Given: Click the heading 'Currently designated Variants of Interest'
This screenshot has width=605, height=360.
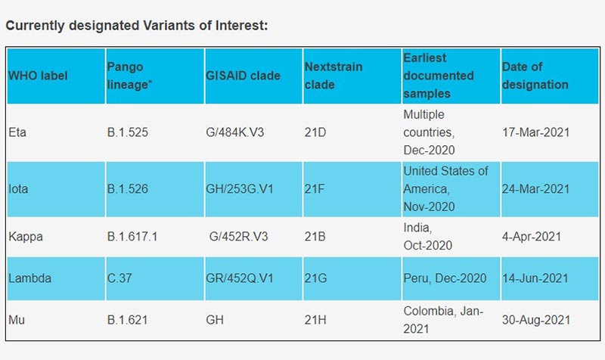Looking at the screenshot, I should coord(136,26).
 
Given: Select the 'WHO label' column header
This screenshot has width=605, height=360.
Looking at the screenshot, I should coord(38,76).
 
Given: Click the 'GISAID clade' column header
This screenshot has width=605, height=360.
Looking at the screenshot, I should coord(243,76).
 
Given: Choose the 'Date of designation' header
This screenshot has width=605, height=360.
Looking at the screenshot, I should coord(534,76).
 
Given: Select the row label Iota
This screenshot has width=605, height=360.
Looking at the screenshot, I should coord(19,188).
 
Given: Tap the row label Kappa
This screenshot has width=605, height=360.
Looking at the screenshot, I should coord(26,236).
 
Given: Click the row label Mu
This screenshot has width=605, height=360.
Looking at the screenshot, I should coord(17,320).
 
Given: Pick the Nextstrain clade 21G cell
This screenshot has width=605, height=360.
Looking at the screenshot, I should coord(315,278).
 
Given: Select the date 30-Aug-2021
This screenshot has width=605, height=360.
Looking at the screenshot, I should coord(535,320).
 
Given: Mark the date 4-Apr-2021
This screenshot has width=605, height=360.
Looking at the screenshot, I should coord(532,236).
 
